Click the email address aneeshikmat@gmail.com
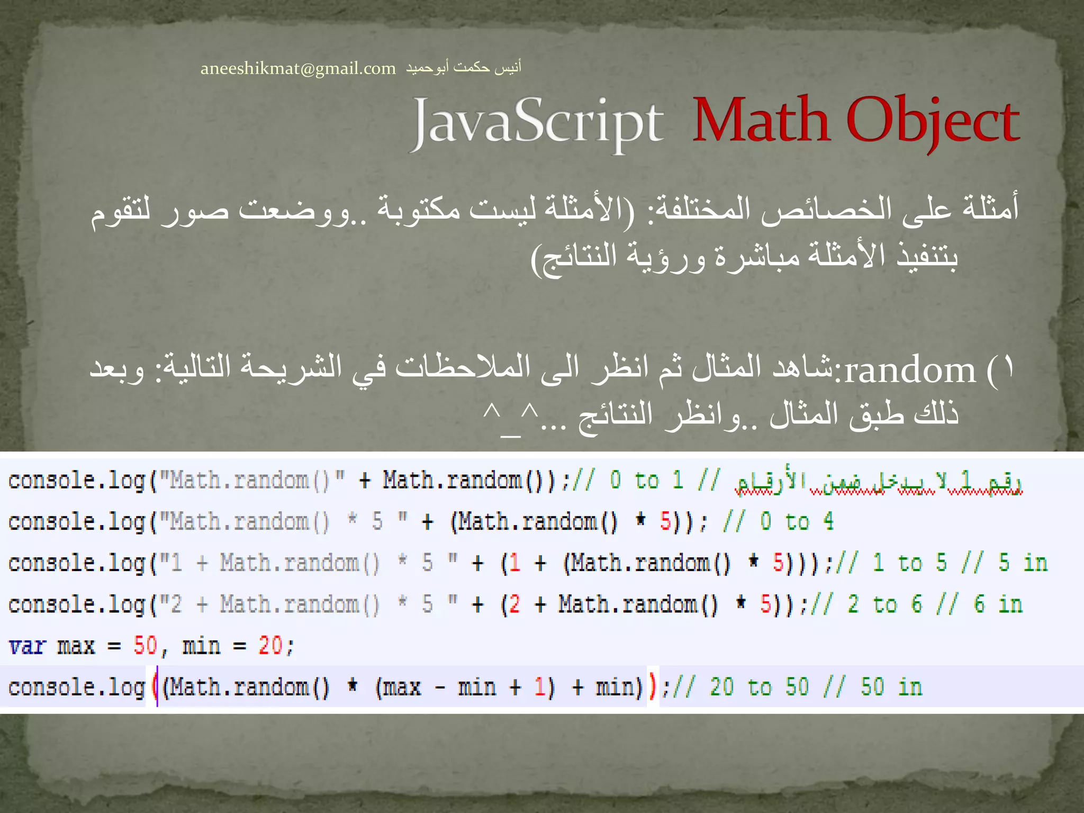[x=298, y=69]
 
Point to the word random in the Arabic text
[x=910, y=371]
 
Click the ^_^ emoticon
[x=510, y=418]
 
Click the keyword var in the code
[x=28, y=646]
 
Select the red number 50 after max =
[x=145, y=646]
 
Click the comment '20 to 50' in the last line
[x=760, y=688]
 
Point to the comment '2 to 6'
[x=884, y=604]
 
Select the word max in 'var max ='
[x=76, y=646]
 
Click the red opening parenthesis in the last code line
[x=155, y=687]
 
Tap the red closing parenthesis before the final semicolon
[x=653, y=687]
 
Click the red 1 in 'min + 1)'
[x=539, y=687]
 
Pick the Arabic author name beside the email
[x=464, y=68]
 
